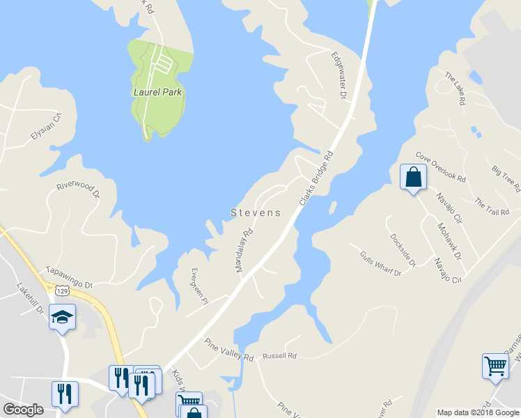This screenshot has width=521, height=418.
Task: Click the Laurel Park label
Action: [x=158, y=91]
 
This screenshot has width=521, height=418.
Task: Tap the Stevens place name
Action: [x=256, y=213]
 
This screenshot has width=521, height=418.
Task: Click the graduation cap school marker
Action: [x=62, y=317]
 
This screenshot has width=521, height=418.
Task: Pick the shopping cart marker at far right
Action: [x=495, y=365]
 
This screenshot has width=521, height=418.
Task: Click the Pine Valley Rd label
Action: [x=228, y=350]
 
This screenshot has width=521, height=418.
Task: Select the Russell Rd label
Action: [x=279, y=356]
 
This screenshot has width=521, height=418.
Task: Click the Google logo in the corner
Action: [x=24, y=410]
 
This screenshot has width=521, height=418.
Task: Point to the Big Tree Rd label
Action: [x=506, y=178]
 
